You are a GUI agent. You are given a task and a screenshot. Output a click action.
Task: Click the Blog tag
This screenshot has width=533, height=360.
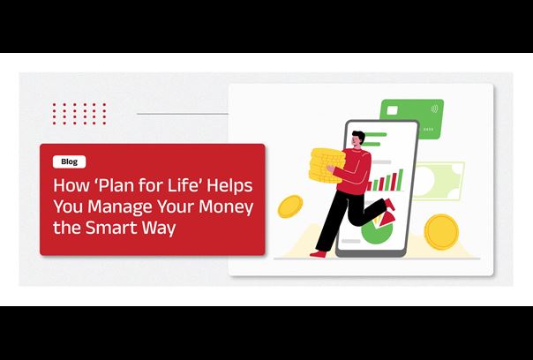[69, 161]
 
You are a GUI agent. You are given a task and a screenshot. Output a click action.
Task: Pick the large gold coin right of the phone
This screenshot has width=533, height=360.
[440, 230]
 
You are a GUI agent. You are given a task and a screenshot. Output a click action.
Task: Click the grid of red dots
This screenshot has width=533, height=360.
[79, 113]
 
